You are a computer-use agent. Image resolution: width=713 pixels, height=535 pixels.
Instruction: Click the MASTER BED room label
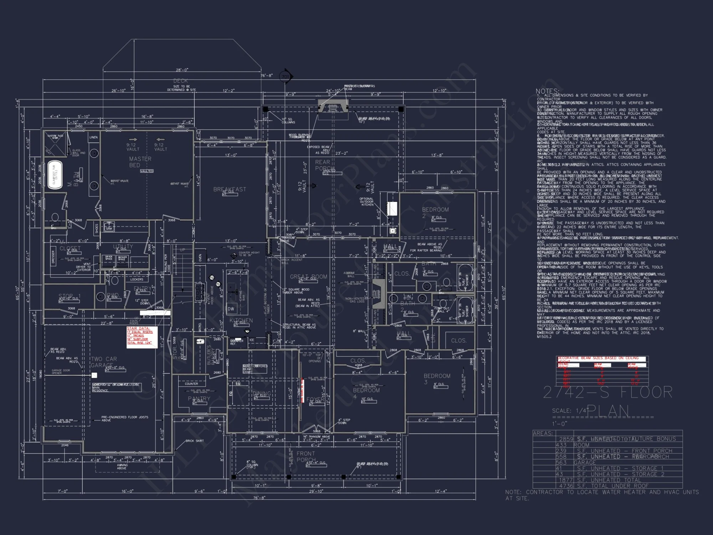(140, 162)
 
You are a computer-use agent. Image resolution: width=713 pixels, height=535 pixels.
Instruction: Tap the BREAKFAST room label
(230, 189)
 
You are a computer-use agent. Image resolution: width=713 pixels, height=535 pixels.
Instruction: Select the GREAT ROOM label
(308, 277)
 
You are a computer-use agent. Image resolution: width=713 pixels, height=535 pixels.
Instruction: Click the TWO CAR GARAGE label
(103, 362)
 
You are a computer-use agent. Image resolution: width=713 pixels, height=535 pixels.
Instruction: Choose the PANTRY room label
(199, 399)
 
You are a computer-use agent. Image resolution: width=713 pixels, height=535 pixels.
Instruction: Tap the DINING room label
(262, 393)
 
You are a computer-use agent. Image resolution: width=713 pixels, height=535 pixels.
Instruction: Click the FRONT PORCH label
(306, 457)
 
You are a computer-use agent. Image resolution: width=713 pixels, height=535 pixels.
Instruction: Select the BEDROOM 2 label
(435, 213)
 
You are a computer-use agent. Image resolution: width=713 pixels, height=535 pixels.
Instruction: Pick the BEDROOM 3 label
(437, 379)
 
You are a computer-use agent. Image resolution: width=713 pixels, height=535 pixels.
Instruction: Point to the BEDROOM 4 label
(366, 393)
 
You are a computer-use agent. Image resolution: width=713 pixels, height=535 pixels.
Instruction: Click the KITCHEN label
(241, 321)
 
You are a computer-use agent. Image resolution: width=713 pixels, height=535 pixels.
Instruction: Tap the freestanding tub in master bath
(55, 175)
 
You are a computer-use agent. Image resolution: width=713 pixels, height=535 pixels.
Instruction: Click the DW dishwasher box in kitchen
(231, 309)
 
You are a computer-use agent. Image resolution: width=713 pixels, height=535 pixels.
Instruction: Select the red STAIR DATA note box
(142, 336)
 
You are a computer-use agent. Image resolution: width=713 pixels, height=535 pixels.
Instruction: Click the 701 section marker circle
(286, 77)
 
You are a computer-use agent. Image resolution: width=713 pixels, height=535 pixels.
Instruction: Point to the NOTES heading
(547, 91)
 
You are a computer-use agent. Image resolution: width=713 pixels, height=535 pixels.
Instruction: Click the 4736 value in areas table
(566, 486)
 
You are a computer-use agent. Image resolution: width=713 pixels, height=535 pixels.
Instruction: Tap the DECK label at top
(180, 81)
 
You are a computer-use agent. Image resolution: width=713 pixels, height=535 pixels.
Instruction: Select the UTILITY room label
(123, 246)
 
